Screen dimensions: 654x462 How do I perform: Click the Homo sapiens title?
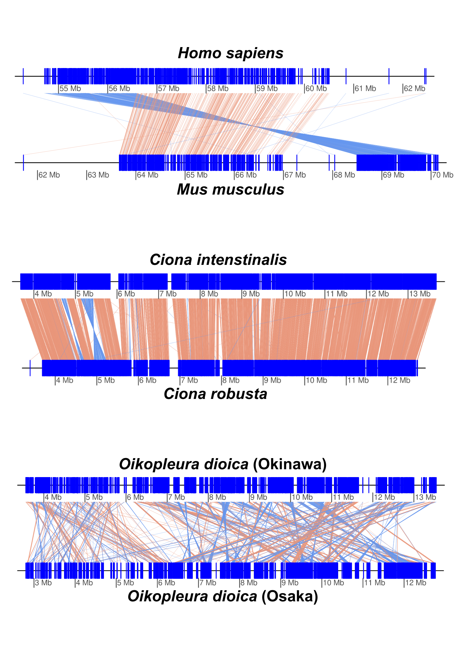231,53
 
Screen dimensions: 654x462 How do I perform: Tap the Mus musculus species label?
231,190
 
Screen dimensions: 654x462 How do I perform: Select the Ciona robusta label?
215,394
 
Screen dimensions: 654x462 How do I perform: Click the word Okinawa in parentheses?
290,464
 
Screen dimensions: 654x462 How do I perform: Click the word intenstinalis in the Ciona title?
242,260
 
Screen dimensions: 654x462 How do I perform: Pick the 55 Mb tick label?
70,89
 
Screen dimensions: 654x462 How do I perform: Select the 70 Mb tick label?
442,175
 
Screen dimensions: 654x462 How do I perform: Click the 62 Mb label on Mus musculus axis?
49,175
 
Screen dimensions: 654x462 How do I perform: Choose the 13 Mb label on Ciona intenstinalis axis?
420,294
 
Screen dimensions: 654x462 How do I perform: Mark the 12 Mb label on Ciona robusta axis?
399,381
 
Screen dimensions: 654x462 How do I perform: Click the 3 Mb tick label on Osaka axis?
43,583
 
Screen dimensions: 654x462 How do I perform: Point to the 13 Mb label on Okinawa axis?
425,497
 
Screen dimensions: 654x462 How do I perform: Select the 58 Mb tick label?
218,89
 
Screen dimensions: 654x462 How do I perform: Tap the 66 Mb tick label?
246,175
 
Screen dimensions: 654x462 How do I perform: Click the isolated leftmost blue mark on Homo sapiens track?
23,76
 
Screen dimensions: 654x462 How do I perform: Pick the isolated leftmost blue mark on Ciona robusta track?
30,368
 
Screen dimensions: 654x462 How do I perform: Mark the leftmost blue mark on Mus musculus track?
23,163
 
